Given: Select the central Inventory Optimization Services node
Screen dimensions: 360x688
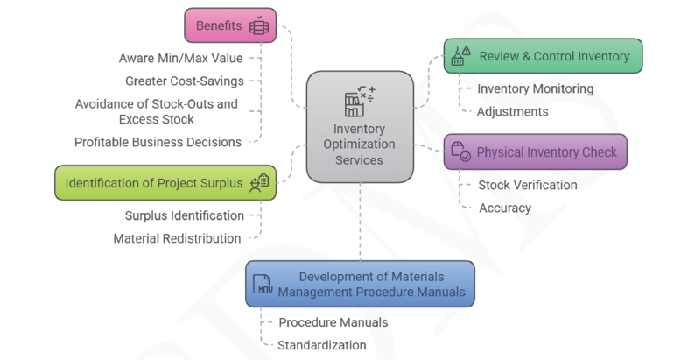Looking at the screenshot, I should coord(359,128).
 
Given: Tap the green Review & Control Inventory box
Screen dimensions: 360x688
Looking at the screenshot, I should coord(543,56).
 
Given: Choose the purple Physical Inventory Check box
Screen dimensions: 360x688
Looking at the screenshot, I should coord(535,152).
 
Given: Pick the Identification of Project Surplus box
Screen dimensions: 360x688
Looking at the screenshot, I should coord(165,182).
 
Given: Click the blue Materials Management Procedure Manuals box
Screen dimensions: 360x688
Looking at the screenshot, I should coord(360,283).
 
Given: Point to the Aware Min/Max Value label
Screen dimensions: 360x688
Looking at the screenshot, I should coord(180,59).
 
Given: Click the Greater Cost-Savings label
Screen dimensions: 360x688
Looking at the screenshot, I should coord(185,81).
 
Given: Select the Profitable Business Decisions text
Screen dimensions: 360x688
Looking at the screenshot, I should coord(158,142).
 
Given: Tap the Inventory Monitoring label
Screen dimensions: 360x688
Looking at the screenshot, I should coord(535,88).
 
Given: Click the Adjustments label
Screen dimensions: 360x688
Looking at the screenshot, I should coord(513,111).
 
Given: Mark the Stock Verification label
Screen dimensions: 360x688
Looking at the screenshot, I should coord(528,185).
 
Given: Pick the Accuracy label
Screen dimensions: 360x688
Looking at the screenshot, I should coord(505,208).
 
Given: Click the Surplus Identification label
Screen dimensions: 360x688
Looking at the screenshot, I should coord(184,215).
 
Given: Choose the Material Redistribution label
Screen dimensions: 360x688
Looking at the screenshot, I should coord(177,238).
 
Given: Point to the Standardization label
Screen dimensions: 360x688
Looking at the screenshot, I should coord(321,345).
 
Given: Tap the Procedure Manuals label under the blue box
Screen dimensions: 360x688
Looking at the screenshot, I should coord(333,322).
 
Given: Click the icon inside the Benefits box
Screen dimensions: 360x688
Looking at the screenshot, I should coord(258,25).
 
